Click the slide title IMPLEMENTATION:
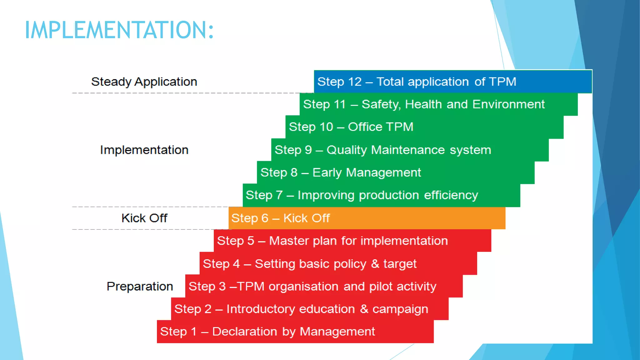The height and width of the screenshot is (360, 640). [x=119, y=30]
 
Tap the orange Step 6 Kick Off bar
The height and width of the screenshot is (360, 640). [x=367, y=218]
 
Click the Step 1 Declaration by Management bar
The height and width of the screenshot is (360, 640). [x=295, y=332]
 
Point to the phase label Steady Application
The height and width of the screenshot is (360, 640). [x=144, y=82]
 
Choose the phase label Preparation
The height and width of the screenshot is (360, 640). [x=140, y=286]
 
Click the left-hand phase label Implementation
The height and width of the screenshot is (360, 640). [x=144, y=150]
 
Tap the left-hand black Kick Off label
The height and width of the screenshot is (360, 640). [x=144, y=218]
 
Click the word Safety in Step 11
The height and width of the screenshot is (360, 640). [x=381, y=104]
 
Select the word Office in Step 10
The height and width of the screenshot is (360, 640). [x=365, y=127]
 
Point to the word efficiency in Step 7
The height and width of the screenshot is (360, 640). [x=451, y=195]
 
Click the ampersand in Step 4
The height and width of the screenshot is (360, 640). [x=375, y=264]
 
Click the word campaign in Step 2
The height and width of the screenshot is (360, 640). [x=400, y=309]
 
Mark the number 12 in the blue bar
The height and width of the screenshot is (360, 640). [x=354, y=82]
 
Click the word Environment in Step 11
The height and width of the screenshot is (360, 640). [x=508, y=104]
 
